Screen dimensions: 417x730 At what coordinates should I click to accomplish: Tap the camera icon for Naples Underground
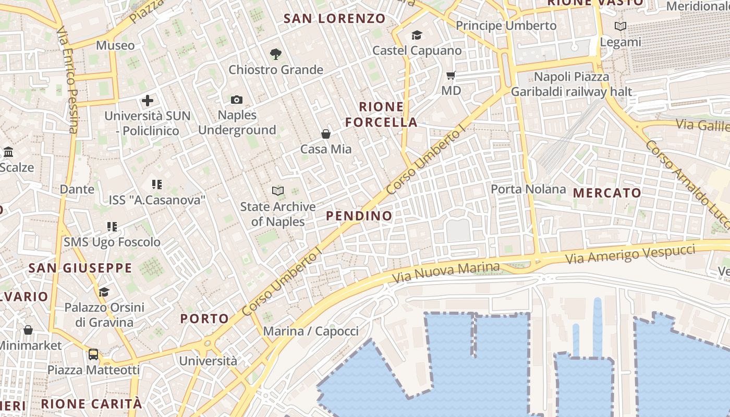237,100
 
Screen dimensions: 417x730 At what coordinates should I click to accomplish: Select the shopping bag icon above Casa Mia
326,134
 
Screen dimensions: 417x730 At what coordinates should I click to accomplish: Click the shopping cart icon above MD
451,75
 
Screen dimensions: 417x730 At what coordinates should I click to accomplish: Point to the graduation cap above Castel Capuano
417,35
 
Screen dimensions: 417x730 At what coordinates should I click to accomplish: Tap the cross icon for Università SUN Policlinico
148,100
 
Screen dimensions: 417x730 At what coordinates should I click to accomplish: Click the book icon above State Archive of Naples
278,191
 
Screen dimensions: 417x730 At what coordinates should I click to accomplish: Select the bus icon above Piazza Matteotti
93,354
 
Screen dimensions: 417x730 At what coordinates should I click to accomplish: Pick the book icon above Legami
620,27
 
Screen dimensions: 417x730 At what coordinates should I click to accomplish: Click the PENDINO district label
359,216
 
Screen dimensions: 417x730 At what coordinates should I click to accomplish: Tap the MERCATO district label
607,193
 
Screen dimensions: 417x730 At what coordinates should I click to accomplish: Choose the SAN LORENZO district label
334,19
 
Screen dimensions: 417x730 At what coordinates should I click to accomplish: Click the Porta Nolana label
528,189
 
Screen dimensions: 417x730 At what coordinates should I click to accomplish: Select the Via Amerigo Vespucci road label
630,254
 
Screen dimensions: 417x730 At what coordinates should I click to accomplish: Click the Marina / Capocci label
311,331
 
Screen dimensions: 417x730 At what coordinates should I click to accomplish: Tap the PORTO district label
204,318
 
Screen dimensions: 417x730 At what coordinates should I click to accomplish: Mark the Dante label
77,189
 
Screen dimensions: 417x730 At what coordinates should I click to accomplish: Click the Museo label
115,45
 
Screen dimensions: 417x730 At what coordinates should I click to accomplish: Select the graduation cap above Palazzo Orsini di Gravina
104,292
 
